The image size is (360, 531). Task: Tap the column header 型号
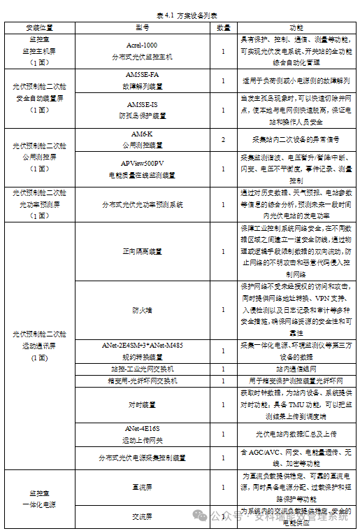tap(143, 27)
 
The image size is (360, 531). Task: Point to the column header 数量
tap(223, 27)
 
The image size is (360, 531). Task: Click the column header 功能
tap(296, 27)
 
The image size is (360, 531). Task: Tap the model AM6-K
tap(143, 132)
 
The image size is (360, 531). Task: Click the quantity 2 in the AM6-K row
tap(223, 140)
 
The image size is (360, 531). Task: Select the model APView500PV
tap(143, 162)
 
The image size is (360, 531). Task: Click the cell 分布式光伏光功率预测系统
tap(143, 205)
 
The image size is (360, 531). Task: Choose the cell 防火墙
tap(143, 309)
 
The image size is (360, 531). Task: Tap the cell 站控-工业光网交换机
tap(143, 369)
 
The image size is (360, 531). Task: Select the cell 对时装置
tap(143, 404)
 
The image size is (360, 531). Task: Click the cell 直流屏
tap(143, 487)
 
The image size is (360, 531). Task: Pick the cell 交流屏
tap(143, 516)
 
